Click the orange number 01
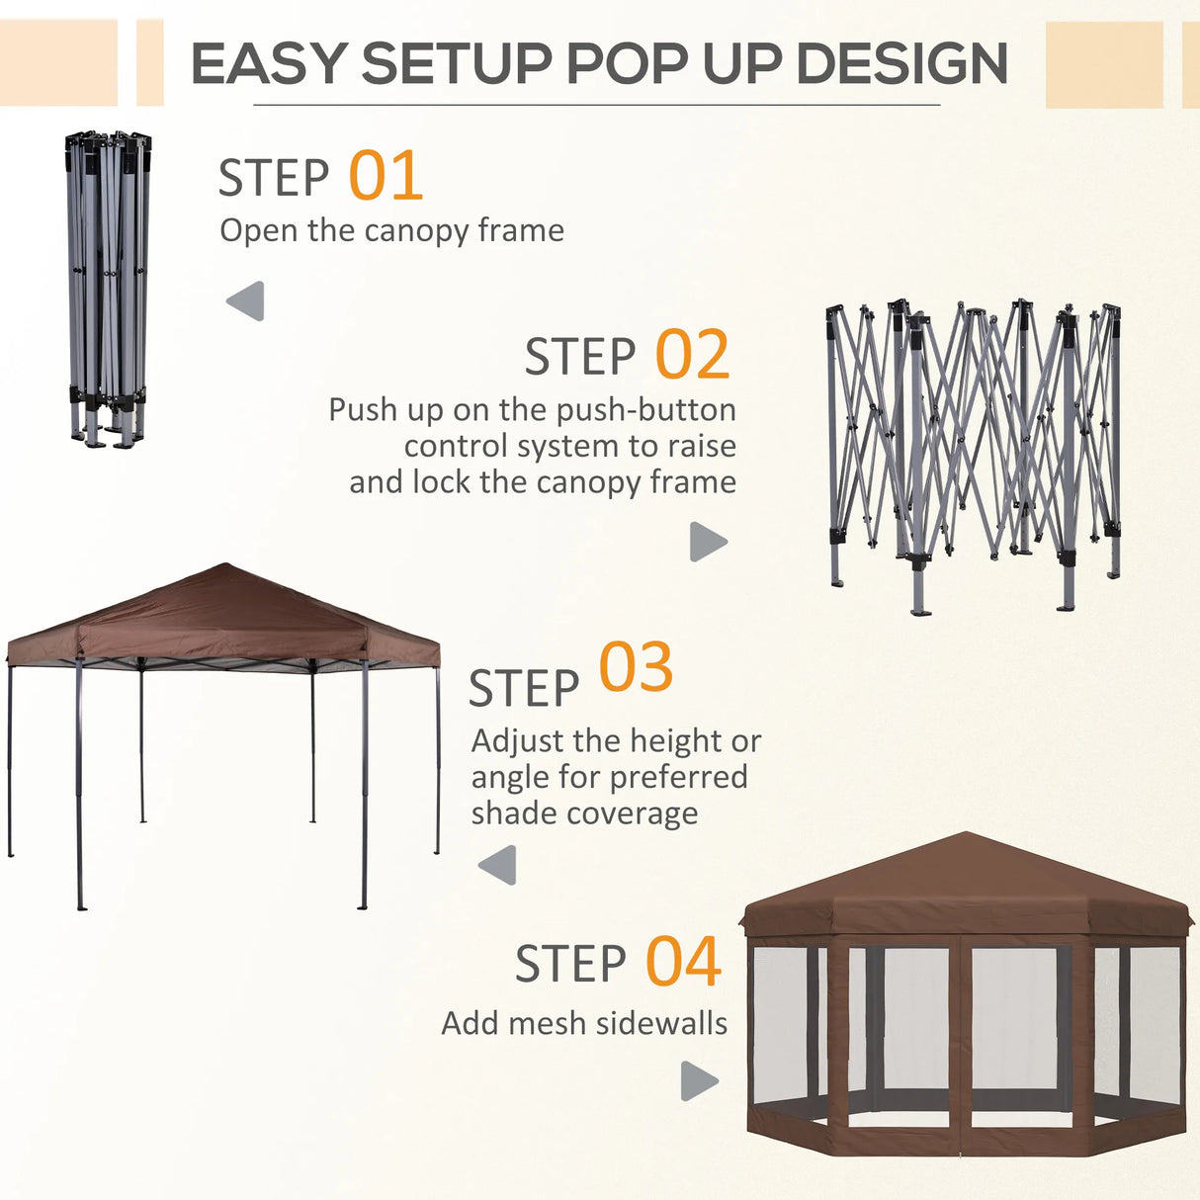coord(386,176)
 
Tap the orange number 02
coord(692,356)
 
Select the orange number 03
coord(636,668)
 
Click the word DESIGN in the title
coord(900,64)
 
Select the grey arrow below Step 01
coord(246,300)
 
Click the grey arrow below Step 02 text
coord(707,542)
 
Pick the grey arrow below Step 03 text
coord(498,865)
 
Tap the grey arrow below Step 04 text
coord(699,1080)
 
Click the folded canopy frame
coord(108,287)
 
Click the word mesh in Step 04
coord(541,1023)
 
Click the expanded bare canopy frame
coord(974,455)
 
